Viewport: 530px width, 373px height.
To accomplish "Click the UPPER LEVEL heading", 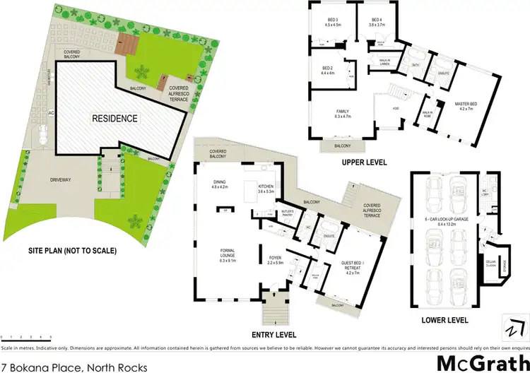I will [x=364, y=162].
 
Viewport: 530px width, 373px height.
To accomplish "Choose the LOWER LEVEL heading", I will [x=445, y=319].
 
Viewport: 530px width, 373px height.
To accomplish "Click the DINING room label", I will [x=219, y=185].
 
